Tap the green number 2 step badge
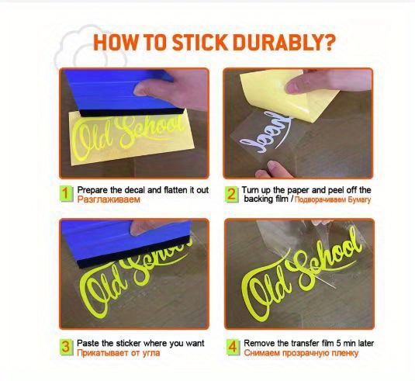click(x=231, y=193)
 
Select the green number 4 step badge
click(x=231, y=346)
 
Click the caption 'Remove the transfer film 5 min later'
click(x=307, y=342)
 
